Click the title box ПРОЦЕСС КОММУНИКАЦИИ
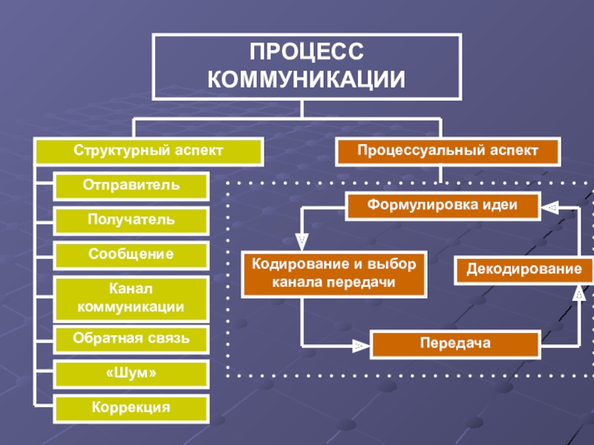click(x=307, y=67)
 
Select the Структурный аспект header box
click(x=149, y=151)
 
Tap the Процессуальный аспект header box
click(x=448, y=151)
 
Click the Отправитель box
click(x=131, y=186)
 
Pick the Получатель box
click(x=131, y=220)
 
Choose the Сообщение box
click(x=131, y=255)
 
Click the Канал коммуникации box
click(x=131, y=299)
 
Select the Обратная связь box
click(x=131, y=339)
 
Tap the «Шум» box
click(x=131, y=374)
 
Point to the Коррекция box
click(x=131, y=409)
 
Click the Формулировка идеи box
click(x=443, y=206)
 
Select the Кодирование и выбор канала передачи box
click(x=334, y=274)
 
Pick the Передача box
click(x=455, y=344)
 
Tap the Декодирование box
click(x=524, y=270)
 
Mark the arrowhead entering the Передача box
click(x=361, y=346)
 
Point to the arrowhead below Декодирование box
click(x=579, y=293)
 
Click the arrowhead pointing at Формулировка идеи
click(x=550, y=207)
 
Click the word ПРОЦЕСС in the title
click(x=307, y=51)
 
